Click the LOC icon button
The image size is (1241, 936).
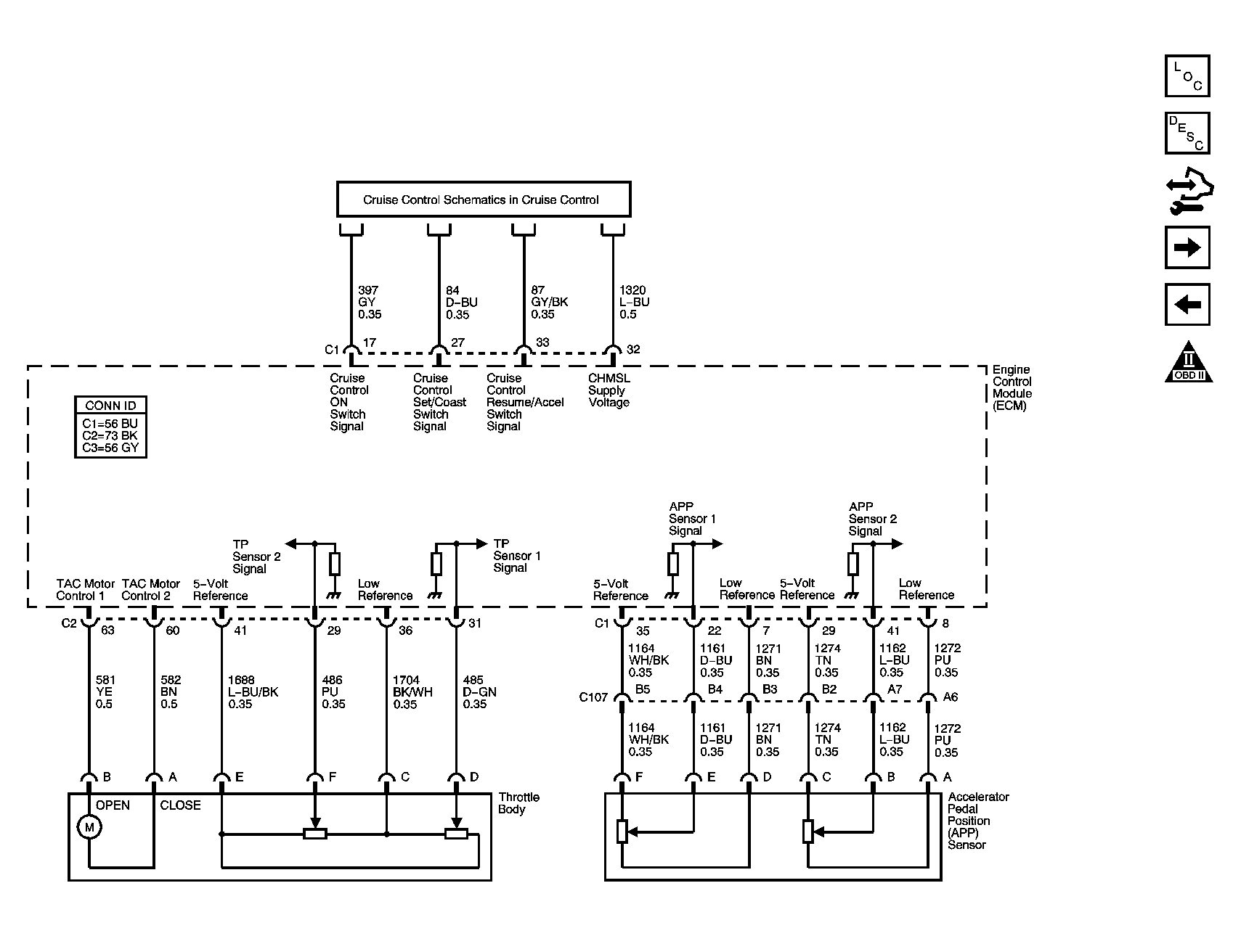tap(1187, 75)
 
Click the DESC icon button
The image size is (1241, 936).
tap(1187, 133)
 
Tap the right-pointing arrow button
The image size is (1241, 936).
tap(1187, 247)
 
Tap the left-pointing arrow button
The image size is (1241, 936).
tap(1187, 305)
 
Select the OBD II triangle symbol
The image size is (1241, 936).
tap(1189, 361)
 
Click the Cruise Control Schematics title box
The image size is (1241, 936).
tap(484, 199)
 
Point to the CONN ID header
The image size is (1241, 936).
tap(110, 406)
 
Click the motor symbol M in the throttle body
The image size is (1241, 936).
tap(89, 827)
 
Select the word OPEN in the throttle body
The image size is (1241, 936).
tap(113, 805)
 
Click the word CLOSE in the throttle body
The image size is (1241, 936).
tap(180, 805)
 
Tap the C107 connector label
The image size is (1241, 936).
tap(593, 698)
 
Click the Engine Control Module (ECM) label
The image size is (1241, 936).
tap(1012, 387)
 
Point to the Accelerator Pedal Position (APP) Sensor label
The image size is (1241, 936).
tap(978, 821)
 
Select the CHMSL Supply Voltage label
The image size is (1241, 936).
tap(609, 390)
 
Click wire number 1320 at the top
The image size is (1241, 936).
tap(632, 290)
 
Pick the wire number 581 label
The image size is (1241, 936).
tap(106, 680)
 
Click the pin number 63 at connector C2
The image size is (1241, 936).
tap(107, 631)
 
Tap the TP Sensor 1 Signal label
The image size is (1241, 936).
tap(517, 556)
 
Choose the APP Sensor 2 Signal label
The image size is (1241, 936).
tap(873, 519)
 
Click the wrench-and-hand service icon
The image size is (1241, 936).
tap(1189, 190)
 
